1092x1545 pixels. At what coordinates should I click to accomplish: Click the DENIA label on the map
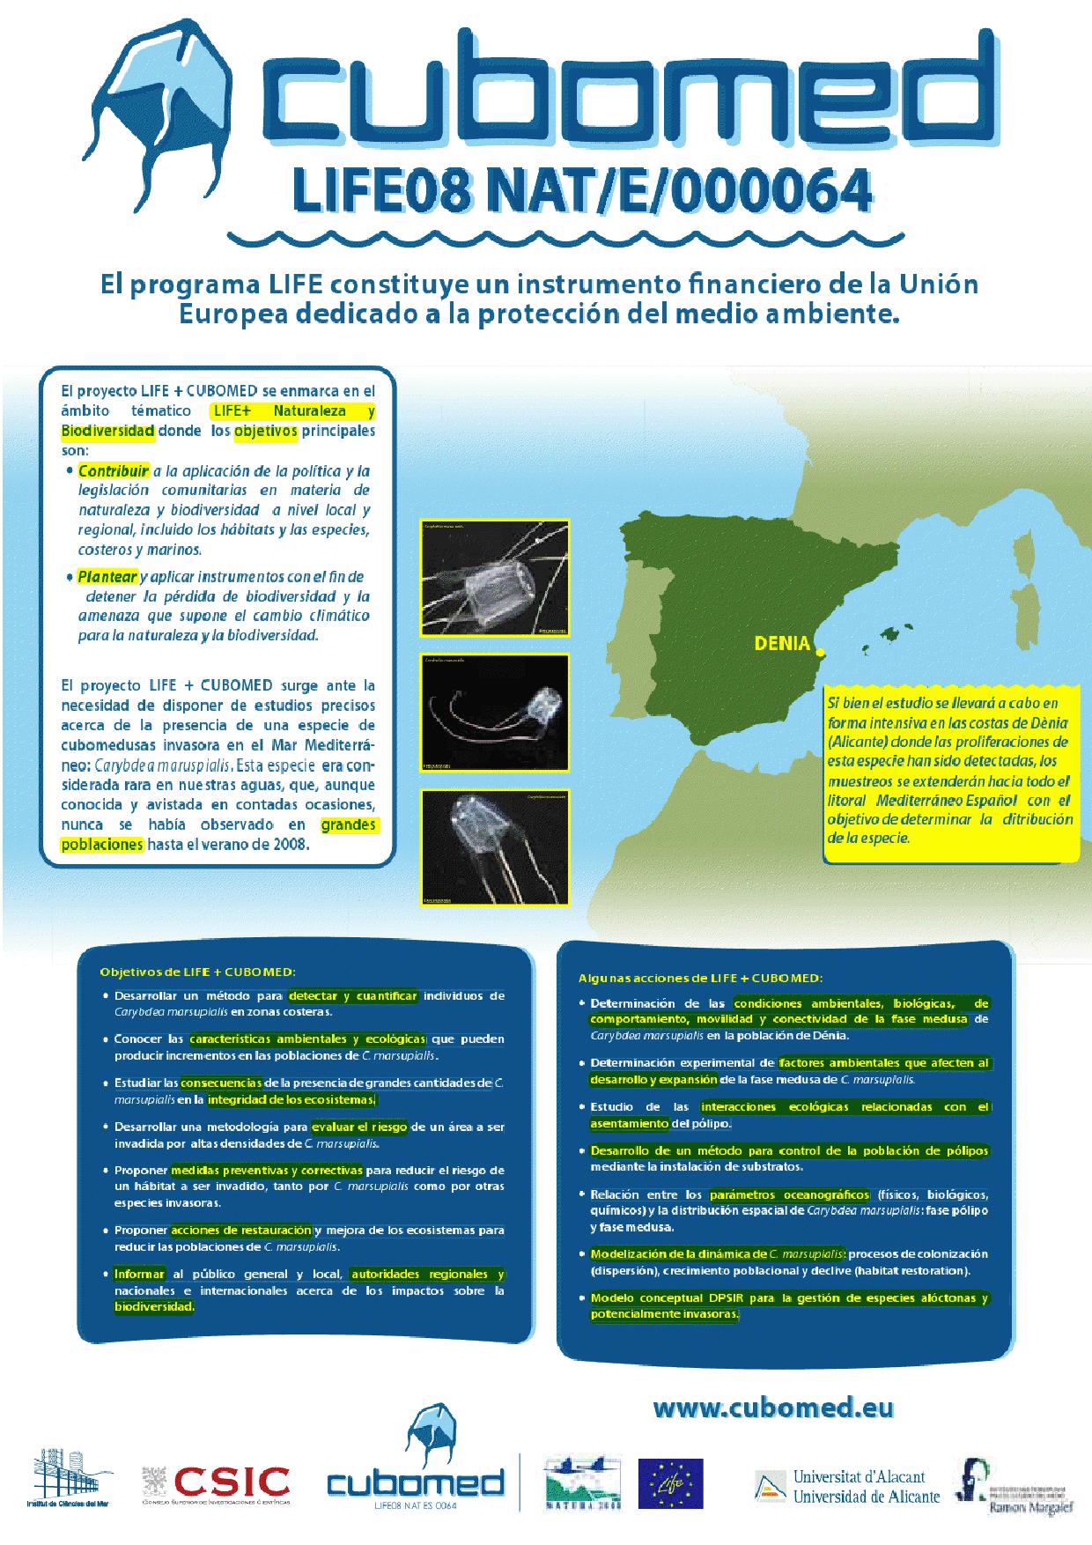[x=781, y=644]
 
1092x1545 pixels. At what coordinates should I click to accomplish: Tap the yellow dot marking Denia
[x=819, y=653]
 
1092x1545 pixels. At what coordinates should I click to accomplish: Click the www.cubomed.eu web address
[x=773, y=1408]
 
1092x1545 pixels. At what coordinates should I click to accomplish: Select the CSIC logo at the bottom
[x=216, y=1482]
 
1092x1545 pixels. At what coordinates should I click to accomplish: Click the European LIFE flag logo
[x=670, y=1484]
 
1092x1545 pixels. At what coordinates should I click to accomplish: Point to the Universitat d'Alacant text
[x=859, y=1476]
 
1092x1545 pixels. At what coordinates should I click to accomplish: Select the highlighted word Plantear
[x=107, y=577]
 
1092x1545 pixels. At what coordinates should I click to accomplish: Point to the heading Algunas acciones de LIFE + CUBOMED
[x=700, y=978]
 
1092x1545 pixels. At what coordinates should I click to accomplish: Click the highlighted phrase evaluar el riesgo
[x=358, y=1127]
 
